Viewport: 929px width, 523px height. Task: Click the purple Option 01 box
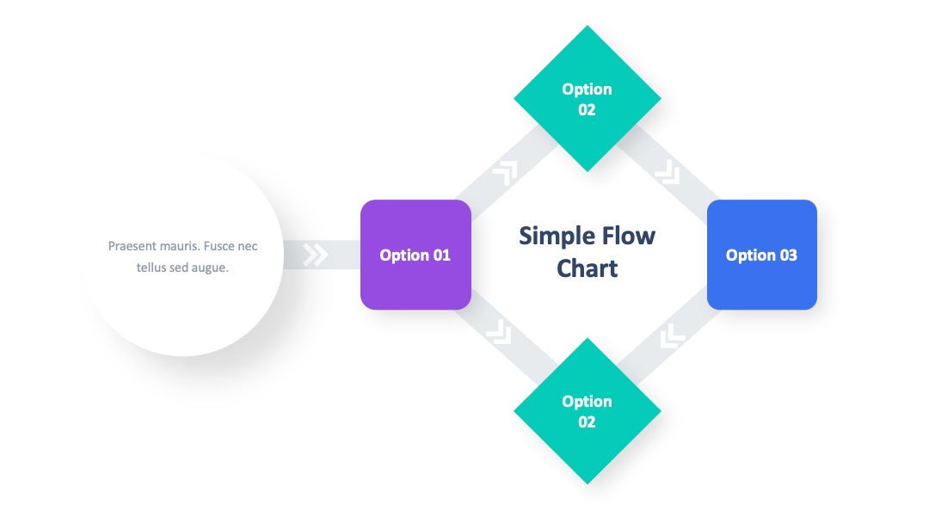[x=416, y=255]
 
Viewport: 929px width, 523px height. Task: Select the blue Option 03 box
[x=762, y=255]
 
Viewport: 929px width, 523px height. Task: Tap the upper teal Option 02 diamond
[x=588, y=98]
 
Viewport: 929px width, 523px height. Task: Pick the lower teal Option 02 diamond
[x=588, y=411]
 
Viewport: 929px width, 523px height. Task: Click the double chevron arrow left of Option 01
[x=315, y=255]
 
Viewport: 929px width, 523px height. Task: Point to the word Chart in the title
[x=588, y=268]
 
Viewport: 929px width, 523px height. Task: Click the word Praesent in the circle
[x=132, y=246]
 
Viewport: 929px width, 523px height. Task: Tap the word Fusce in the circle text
[x=220, y=246]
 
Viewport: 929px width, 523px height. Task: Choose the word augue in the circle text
[x=210, y=268]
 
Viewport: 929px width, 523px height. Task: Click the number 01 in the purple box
[x=441, y=255]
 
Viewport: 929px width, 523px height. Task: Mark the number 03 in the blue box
[x=788, y=255]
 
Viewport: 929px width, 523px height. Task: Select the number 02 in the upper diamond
[x=587, y=110]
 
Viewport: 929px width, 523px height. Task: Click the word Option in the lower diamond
[x=587, y=403]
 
